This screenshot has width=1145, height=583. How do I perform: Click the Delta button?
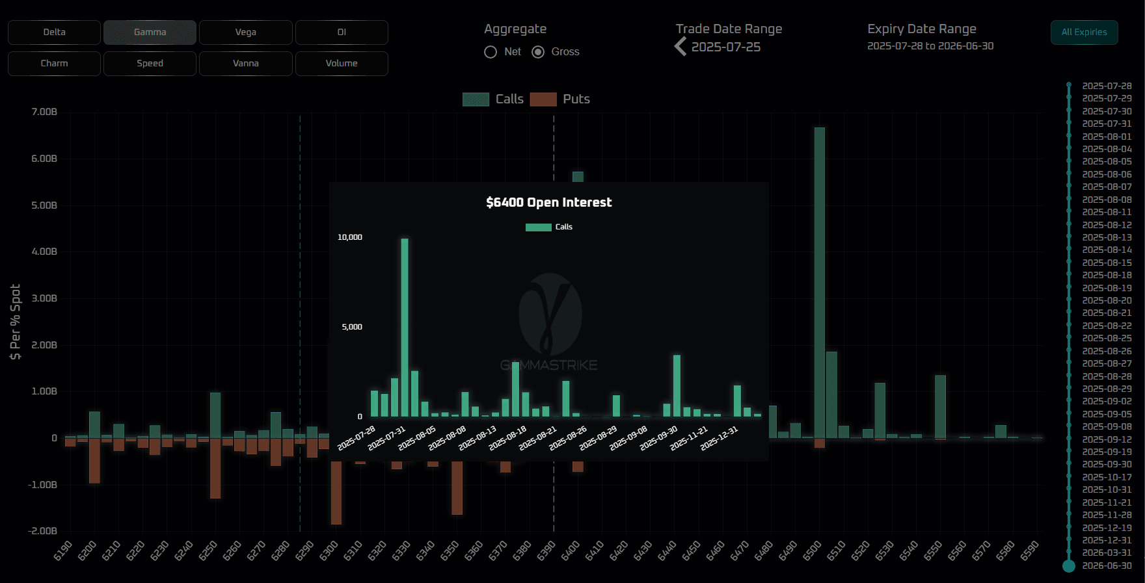tap(54, 32)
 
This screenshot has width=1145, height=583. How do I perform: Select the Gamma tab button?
tap(150, 32)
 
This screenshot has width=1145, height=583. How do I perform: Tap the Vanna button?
tap(245, 64)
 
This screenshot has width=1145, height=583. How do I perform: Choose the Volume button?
tap(342, 64)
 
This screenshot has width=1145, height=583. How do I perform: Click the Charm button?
tap(54, 64)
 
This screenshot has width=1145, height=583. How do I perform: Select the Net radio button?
tap(491, 52)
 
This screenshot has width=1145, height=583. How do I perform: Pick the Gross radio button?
tap(538, 52)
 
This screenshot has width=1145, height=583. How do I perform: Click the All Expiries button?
tap(1084, 32)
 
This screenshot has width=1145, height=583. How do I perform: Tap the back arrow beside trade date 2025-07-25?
tap(680, 47)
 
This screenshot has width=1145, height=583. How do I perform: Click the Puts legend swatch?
tap(543, 99)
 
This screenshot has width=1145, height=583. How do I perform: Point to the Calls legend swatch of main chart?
tap(476, 99)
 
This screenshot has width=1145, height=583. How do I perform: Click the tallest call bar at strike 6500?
tap(819, 279)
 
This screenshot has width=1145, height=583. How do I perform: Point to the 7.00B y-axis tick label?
tap(44, 112)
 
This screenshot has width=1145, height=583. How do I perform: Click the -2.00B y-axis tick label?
tap(43, 531)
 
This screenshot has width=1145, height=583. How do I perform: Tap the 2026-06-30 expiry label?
tap(1107, 565)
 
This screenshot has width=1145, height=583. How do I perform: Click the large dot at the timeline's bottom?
tap(1069, 566)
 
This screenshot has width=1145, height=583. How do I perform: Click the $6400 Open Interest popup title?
tap(548, 202)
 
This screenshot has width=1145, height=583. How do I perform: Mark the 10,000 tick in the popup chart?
tap(350, 237)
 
